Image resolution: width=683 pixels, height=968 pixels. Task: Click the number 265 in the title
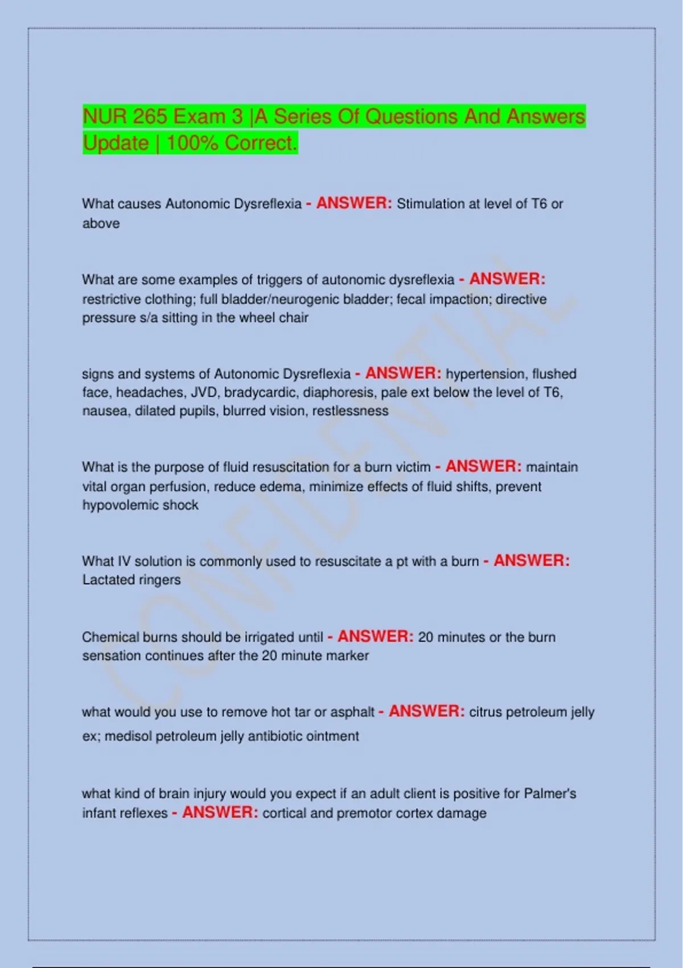pyautogui.click(x=150, y=117)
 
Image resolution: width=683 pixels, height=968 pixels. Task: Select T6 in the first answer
pyautogui.click(x=538, y=204)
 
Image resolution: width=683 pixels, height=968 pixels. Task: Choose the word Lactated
pyautogui.click(x=106, y=580)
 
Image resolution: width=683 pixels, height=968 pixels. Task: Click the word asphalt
pyautogui.click(x=352, y=712)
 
